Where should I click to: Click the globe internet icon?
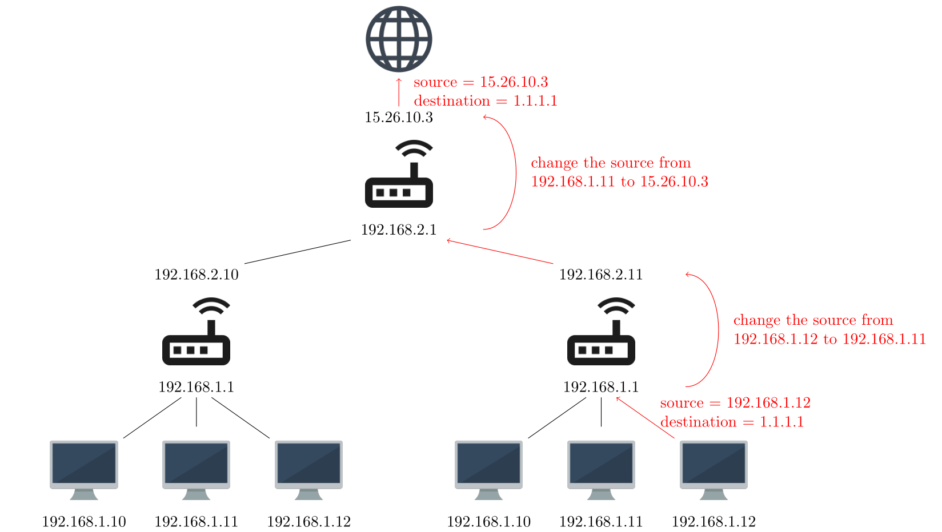click(399, 39)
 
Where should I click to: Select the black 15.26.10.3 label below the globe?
click(399, 118)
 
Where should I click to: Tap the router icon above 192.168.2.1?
click(399, 174)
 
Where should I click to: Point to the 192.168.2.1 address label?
click(399, 230)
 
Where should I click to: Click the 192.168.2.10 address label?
click(197, 275)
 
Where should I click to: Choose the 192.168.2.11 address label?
click(601, 275)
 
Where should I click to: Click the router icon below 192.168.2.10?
click(197, 332)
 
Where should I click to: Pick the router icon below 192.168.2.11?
click(601, 332)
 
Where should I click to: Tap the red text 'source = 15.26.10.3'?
click(480, 82)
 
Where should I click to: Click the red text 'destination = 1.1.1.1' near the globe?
click(485, 101)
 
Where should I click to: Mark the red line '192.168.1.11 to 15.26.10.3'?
click(619, 182)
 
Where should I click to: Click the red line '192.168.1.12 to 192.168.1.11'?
click(829, 339)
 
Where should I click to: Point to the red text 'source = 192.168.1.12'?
click(735, 403)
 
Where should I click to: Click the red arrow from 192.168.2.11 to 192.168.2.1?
click(500, 252)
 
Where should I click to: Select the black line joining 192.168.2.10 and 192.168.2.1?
click(298, 252)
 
